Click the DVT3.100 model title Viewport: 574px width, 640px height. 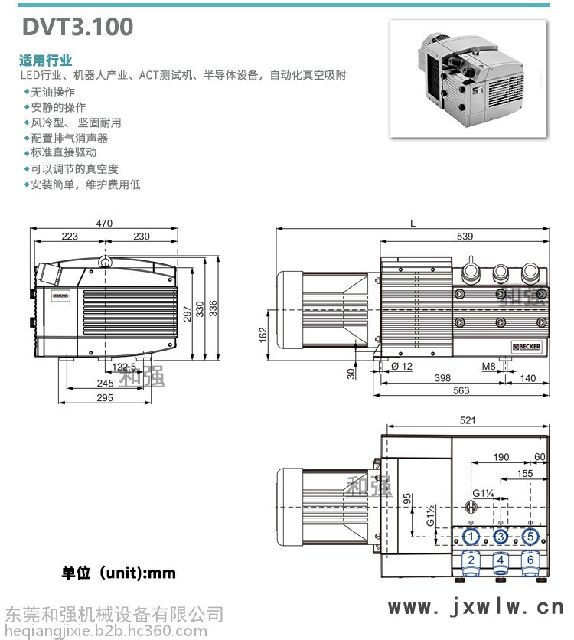click(x=78, y=27)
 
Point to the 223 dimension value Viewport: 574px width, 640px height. click(x=70, y=237)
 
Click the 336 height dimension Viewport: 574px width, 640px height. click(x=214, y=308)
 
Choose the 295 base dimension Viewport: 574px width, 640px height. click(x=104, y=397)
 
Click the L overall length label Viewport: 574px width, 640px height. click(x=413, y=224)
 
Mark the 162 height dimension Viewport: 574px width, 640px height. click(x=263, y=334)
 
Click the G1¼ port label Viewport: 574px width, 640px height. click(x=482, y=492)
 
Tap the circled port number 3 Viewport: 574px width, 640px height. click(x=501, y=536)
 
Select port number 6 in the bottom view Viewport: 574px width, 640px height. click(x=529, y=560)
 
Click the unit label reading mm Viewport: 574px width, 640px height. click(x=119, y=573)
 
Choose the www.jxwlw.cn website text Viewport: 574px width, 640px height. click(x=475, y=608)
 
